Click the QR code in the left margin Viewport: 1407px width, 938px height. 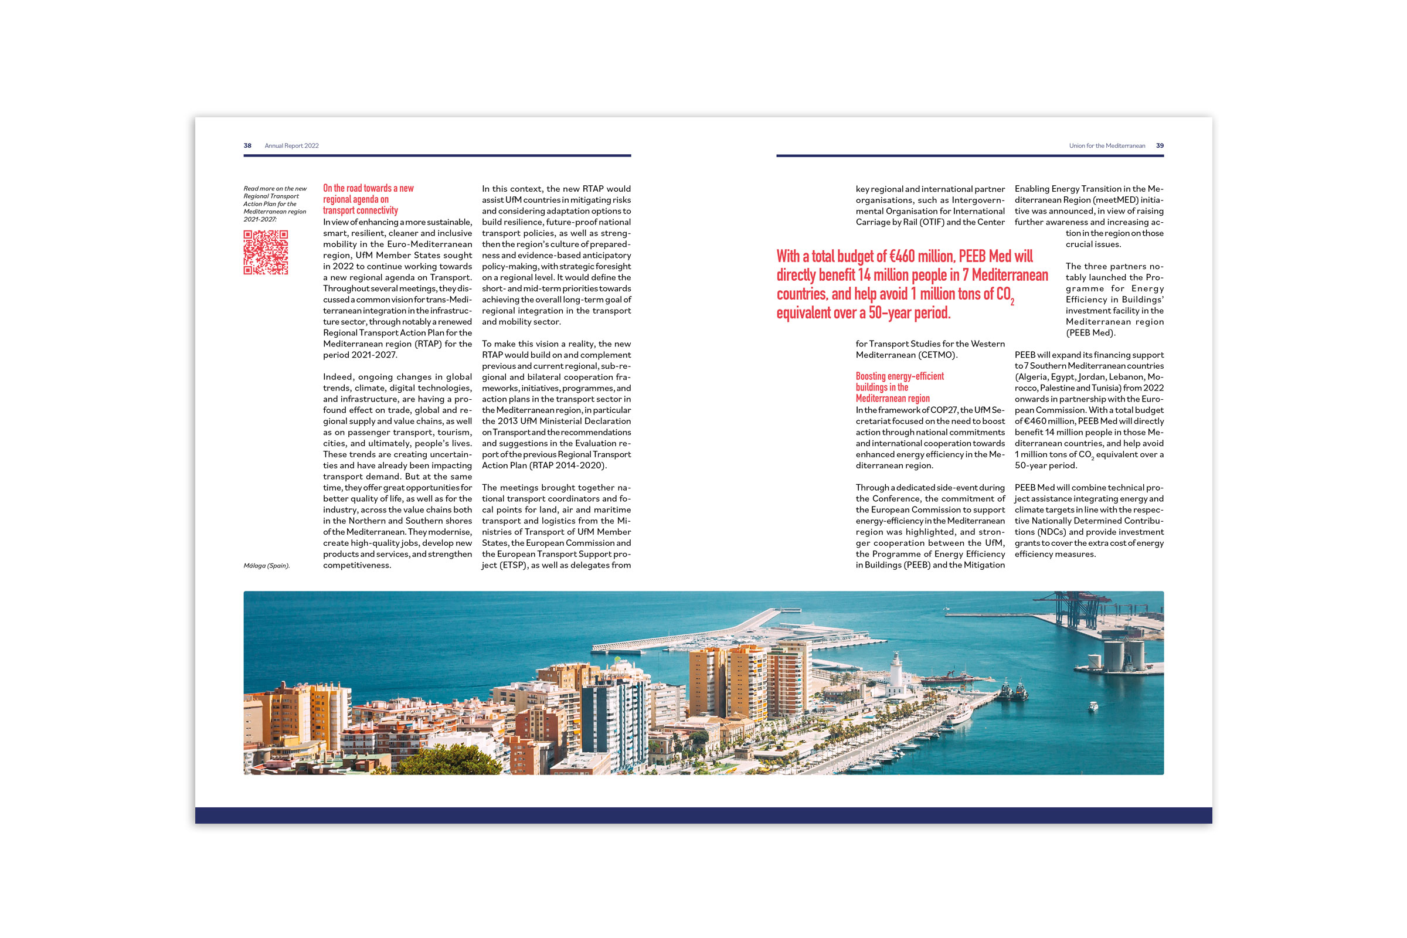tap(266, 253)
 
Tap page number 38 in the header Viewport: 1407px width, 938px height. tap(247, 145)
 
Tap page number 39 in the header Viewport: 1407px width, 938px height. tap(1160, 145)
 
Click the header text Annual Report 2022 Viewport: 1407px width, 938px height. tap(292, 145)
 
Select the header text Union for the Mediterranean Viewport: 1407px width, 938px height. tap(1107, 145)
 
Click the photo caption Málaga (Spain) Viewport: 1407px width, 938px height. tap(267, 565)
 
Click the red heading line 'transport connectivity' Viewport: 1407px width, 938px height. tap(360, 210)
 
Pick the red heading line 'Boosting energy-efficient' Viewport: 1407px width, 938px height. tap(900, 376)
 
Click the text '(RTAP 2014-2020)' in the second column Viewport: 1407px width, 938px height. tap(569, 465)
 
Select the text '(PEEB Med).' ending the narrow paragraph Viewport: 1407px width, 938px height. tap(1090, 332)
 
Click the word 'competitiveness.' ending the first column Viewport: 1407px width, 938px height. tap(357, 565)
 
